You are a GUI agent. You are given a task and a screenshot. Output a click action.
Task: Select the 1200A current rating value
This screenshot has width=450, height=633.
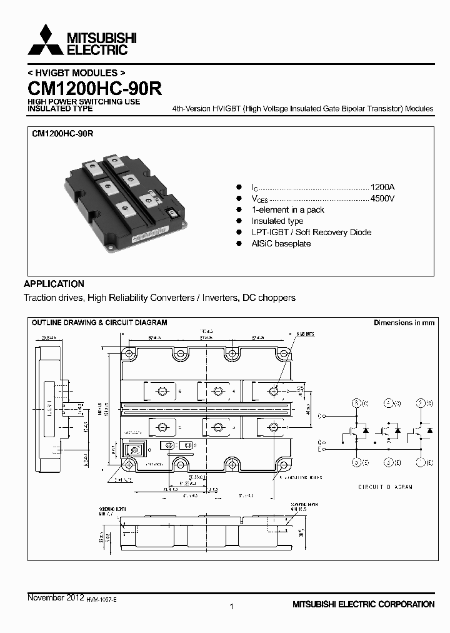[382, 188]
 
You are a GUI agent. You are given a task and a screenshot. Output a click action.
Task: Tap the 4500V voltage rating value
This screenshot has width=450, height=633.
[382, 199]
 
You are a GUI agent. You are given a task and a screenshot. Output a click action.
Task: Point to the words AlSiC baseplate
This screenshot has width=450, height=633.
[281, 243]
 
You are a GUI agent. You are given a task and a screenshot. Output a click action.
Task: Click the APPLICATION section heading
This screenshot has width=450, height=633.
[54, 283]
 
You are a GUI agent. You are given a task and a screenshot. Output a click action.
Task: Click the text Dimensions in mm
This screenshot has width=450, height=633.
[403, 323]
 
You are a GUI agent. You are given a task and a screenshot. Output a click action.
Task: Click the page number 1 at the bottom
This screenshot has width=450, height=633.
[232, 606]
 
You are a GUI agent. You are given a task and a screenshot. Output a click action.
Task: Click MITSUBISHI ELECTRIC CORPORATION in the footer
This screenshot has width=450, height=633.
[363, 604]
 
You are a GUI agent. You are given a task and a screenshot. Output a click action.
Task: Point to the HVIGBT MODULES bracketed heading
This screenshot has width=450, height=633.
[72, 73]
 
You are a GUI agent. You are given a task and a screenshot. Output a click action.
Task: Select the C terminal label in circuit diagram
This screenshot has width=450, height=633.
[320, 415]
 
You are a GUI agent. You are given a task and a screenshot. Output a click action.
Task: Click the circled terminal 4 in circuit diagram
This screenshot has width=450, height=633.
[389, 403]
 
